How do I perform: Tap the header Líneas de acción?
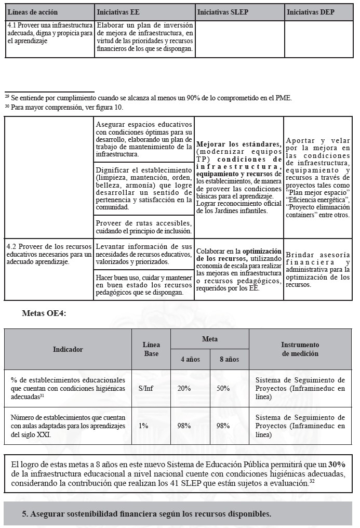(x=33, y=12)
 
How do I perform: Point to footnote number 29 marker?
(x=7, y=97)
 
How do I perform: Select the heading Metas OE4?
(x=44, y=314)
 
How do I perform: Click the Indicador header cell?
(x=68, y=349)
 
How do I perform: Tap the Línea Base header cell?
(x=151, y=349)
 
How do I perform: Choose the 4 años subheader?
(x=190, y=359)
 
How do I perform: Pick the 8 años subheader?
(x=229, y=359)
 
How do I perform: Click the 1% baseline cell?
(x=143, y=426)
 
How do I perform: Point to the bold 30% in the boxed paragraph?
(x=337, y=464)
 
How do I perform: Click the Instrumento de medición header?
(x=300, y=349)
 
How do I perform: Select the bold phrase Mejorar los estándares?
(x=239, y=144)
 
